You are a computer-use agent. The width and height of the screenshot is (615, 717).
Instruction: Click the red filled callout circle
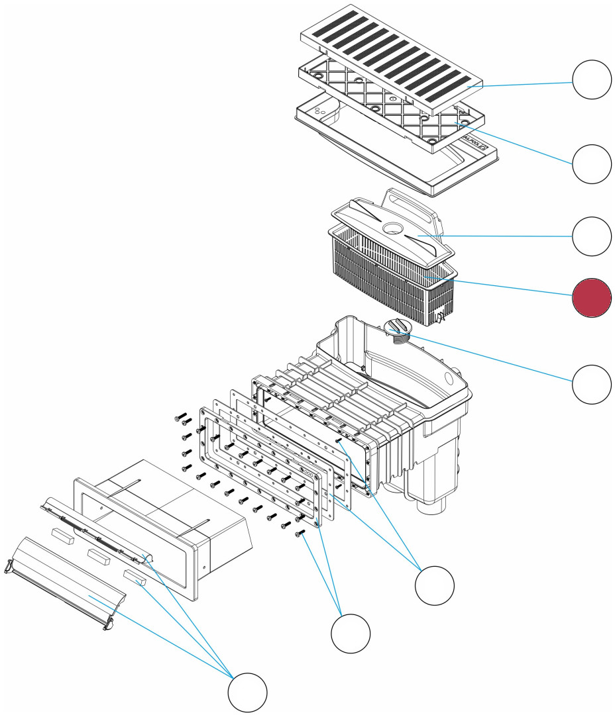coord(592,297)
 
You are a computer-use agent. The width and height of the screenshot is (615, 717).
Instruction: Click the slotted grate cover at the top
coord(391,60)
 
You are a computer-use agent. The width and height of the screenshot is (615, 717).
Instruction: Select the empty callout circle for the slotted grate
coord(592,79)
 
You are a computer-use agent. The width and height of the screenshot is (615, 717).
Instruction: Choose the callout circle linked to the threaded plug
coord(592,383)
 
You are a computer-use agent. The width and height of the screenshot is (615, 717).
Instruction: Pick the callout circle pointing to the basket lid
coord(592,236)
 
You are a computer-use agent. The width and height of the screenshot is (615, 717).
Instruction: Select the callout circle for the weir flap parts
coord(248,693)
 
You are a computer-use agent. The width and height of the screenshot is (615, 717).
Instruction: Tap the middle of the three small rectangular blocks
coord(100,555)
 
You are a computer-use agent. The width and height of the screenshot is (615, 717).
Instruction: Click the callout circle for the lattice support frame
coord(592,164)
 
